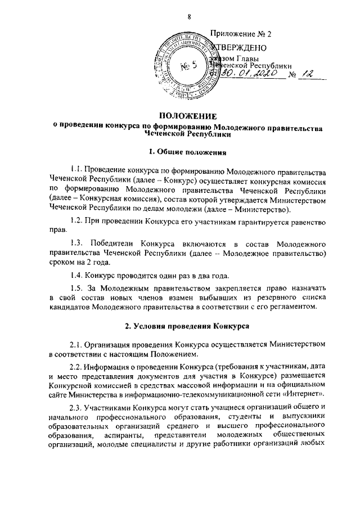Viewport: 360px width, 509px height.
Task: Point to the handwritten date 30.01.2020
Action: click(x=247, y=74)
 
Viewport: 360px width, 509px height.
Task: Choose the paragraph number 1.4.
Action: click(x=76, y=275)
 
